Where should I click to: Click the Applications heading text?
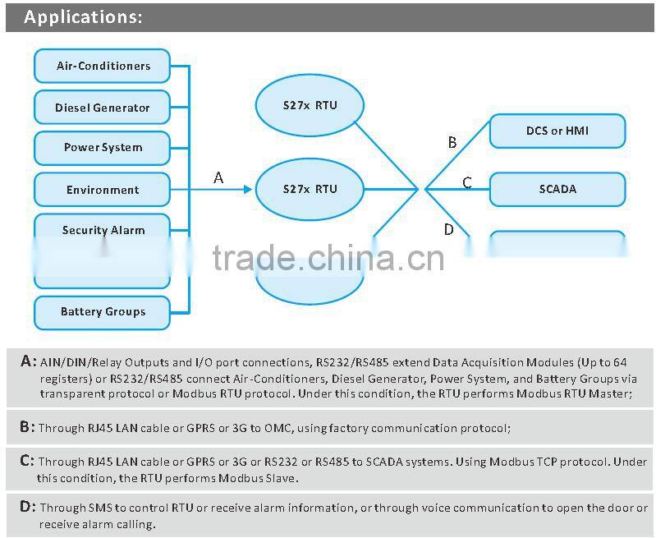coord(82,17)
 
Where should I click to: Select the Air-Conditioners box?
coord(103,66)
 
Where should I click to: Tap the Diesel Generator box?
coord(103,108)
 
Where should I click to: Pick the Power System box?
coord(103,148)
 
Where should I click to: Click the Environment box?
coord(103,190)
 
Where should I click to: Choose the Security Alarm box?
coord(103,230)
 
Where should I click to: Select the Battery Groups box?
coord(103,312)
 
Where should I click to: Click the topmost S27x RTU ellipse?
coord(310,108)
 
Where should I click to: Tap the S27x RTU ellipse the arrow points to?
coord(310,189)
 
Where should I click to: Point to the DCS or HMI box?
coord(557,131)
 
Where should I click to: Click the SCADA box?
coord(557,189)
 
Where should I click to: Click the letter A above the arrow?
coord(218,177)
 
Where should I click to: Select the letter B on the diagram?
coord(452,143)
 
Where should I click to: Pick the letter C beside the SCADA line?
coord(467,182)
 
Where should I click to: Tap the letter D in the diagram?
coord(448,229)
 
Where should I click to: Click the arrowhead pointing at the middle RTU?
coord(247,190)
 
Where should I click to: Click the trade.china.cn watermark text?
coord(328,258)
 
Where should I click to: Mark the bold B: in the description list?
coord(27,426)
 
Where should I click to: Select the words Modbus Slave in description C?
coord(259,478)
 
